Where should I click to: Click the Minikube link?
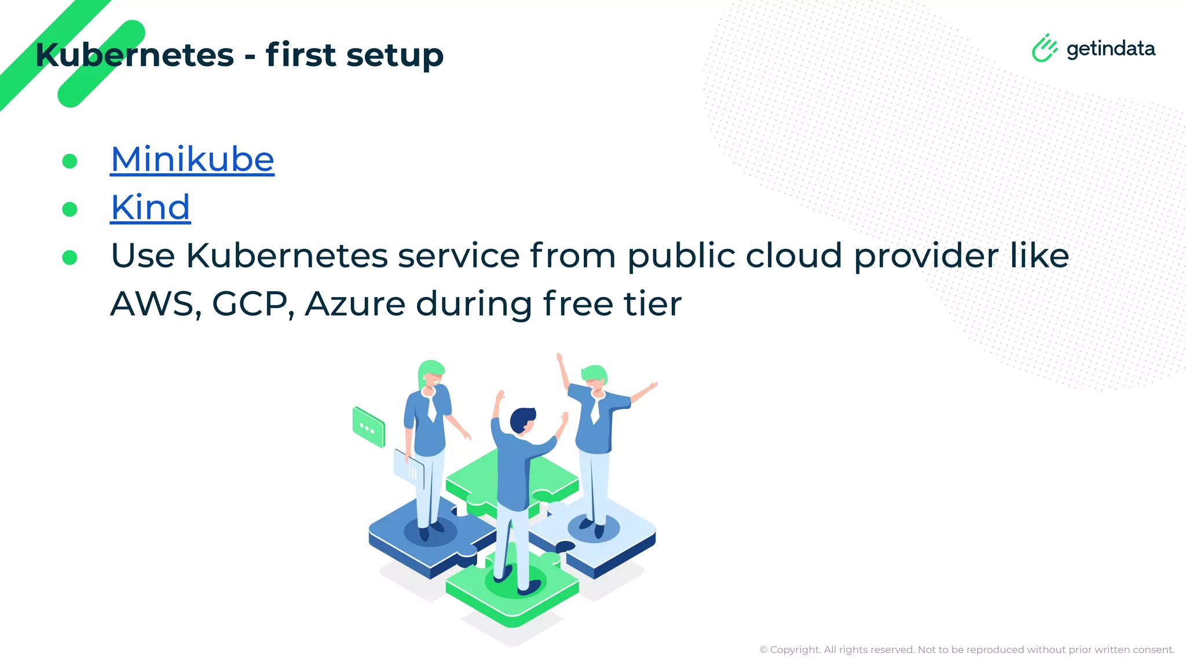(192, 159)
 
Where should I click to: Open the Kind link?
(151, 207)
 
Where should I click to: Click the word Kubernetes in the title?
(135, 55)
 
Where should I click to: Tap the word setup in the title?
(395, 56)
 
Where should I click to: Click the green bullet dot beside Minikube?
(69, 161)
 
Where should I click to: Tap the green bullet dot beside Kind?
(69, 209)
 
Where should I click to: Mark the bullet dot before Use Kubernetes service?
(69, 257)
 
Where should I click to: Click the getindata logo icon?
(1044, 48)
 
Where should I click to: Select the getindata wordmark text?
(1111, 49)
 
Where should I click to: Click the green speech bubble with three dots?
(368, 427)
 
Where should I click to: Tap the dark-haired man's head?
(522, 420)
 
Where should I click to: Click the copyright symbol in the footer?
(763, 650)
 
